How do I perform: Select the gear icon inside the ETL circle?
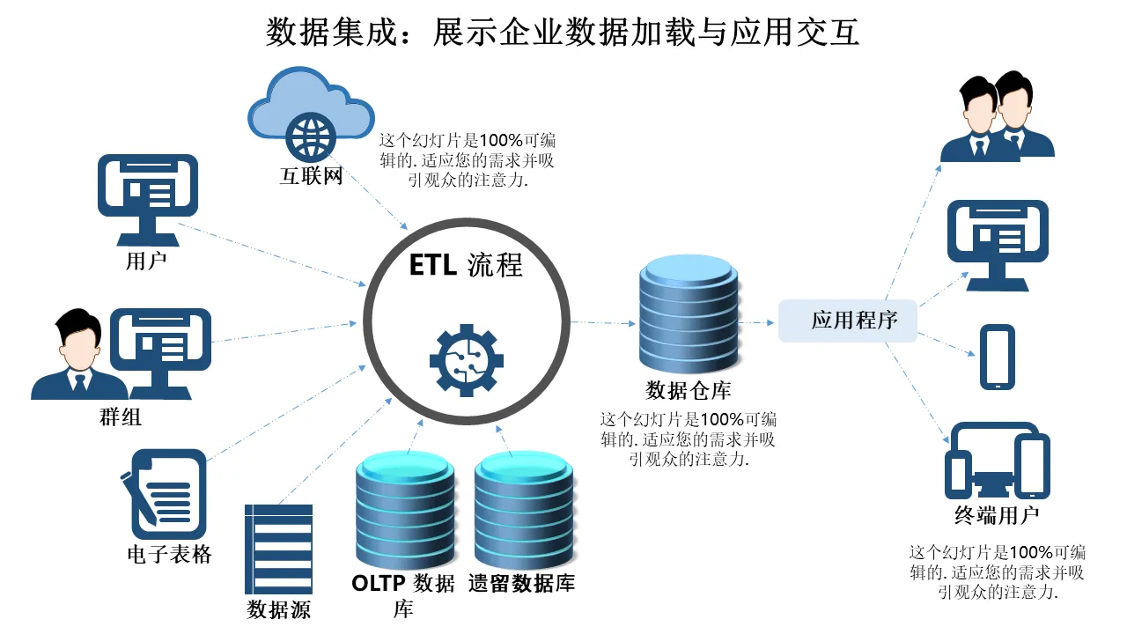[x=467, y=359]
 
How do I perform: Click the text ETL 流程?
[x=466, y=265]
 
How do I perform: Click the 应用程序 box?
[x=848, y=321]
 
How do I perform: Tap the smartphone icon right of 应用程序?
[x=998, y=357]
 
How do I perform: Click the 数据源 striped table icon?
[x=278, y=549]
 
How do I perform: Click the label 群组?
[x=122, y=417]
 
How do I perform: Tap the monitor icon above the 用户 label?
[x=147, y=198]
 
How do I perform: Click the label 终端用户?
[x=997, y=514]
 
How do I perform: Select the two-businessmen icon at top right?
[x=997, y=118]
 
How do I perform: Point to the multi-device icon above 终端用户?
[x=997, y=462]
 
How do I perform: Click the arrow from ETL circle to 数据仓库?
[x=604, y=322]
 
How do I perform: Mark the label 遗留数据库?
[x=522, y=583]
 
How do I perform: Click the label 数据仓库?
[x=689, y=389]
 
